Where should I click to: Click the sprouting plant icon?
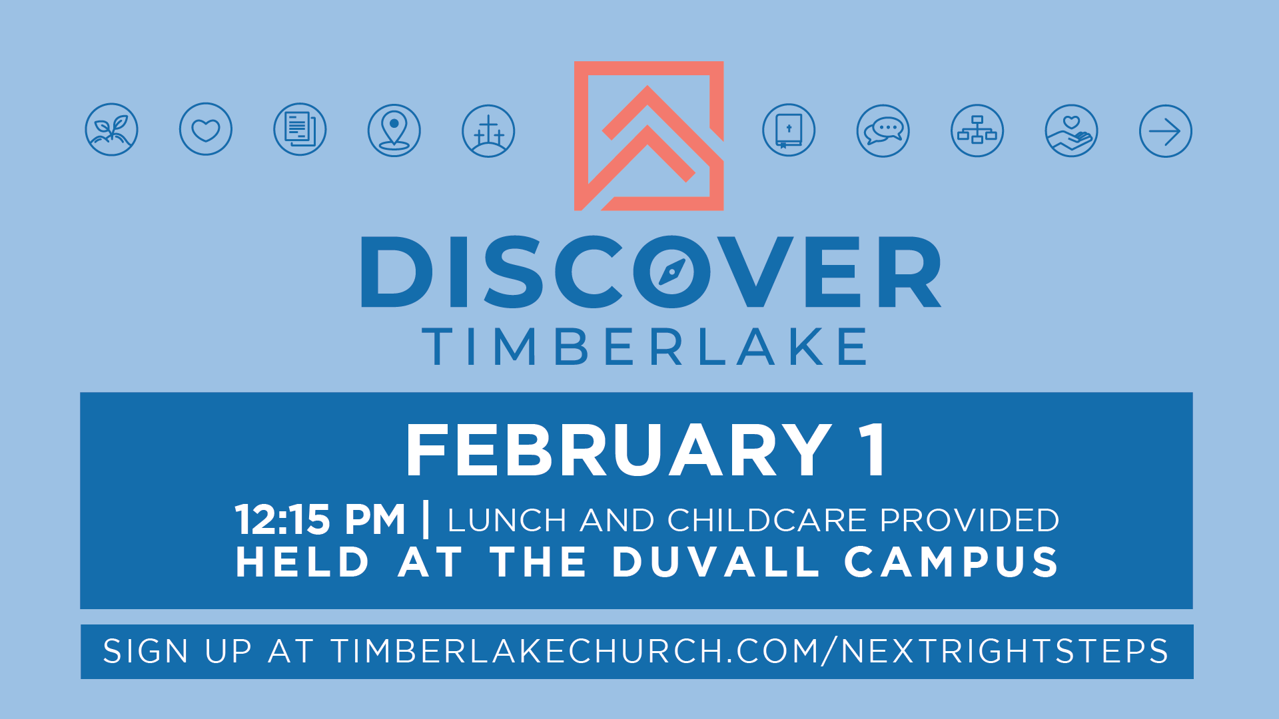112,129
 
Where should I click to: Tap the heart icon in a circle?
206,129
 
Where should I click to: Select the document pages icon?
300,129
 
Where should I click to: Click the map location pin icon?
394,130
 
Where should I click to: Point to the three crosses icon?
488,131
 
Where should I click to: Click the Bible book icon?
789,130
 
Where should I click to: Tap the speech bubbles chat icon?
883,130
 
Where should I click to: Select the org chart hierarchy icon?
977,130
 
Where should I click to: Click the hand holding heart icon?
1072,130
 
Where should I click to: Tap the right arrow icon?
1166,131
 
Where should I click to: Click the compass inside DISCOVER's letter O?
671,272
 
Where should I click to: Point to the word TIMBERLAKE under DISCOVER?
645,346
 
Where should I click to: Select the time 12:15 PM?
320,519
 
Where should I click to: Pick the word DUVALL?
716,562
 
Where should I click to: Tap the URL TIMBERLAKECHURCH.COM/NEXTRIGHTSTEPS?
749,651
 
